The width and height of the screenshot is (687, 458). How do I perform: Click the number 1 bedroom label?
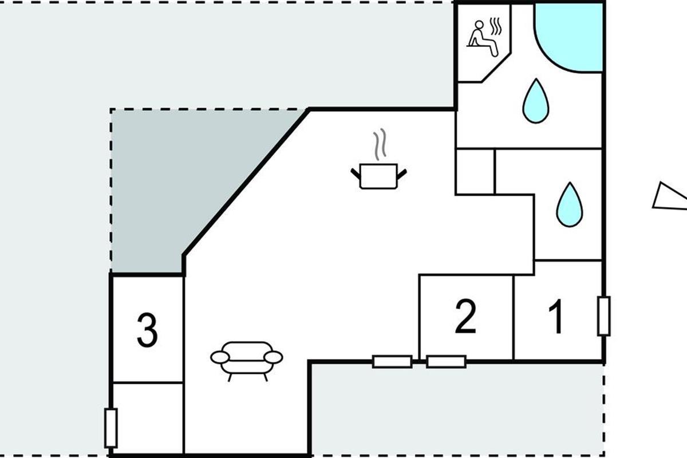point(555,317)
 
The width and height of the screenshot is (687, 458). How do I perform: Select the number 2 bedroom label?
point(465,317)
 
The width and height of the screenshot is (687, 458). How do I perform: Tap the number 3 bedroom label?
point(147,330)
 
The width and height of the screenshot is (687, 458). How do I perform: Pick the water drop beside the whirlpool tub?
point(535,101)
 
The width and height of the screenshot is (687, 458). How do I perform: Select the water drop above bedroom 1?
point(569,204)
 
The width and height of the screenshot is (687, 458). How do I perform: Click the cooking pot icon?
point(378,175)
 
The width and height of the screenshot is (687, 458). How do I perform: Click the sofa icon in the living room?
point(247,360)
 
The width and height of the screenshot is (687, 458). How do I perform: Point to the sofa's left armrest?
point(220,358)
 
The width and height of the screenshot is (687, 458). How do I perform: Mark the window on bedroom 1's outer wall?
point(603,315)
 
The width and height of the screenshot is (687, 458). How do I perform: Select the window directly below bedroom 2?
point(446,361)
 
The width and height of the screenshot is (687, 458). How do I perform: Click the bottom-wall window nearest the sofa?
point(392,361)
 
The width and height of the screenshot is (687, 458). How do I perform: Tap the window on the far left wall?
point(111,428)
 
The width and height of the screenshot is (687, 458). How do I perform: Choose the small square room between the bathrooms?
point(475,171)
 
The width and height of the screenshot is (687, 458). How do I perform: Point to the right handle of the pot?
point(402,172)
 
